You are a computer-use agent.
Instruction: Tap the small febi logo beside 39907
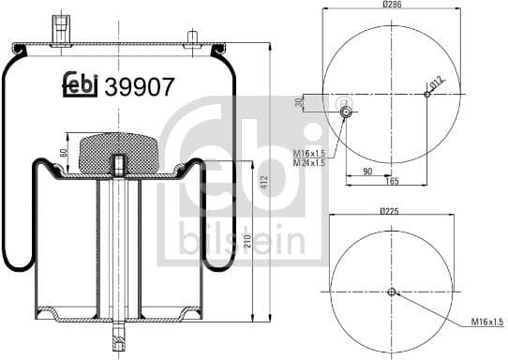82,86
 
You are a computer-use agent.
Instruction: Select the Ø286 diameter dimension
392,6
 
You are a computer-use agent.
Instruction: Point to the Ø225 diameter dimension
392,212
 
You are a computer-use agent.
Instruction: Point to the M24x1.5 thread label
310,163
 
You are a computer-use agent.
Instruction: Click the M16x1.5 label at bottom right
486,322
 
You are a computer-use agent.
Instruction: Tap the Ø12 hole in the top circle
426,94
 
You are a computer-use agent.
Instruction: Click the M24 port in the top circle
346,112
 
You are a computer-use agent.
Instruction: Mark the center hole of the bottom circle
392,292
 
